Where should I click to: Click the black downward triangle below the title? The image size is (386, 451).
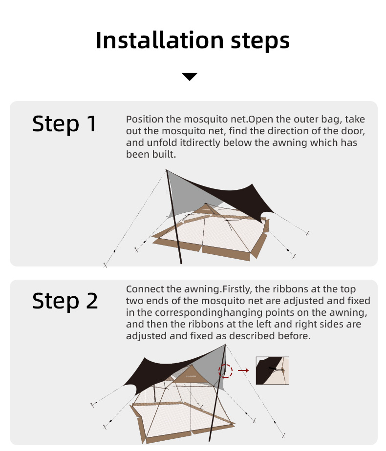[x=189, y=76]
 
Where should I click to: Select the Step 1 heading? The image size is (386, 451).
[x=64, y=124]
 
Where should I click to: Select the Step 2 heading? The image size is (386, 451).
[x=64, y=301]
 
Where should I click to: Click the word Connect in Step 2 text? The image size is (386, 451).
[x=145, y=289]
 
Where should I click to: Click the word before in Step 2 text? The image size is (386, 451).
[x=294, y=336]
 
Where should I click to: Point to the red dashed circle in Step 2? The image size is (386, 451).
[x=226, y=370]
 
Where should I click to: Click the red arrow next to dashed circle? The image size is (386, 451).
[x=243, y=370]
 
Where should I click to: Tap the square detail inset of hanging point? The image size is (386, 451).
[x=272, y=371]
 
